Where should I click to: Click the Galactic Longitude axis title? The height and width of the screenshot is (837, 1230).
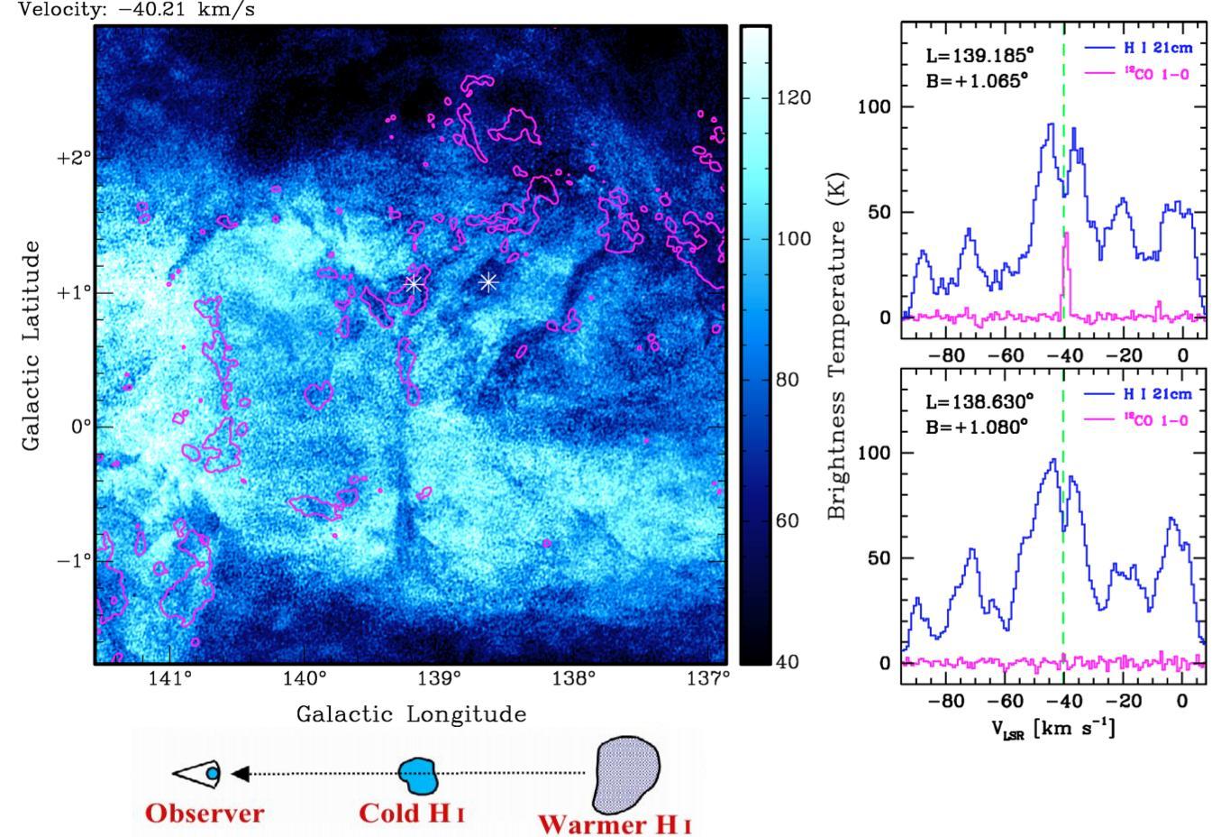(x=411, y=715)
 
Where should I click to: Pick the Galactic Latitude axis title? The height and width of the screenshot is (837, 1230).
(x=32, y=345)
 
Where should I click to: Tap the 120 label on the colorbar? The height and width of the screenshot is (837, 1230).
(x=793, y=98)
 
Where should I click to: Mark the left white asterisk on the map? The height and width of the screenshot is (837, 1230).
(x=414, y=284)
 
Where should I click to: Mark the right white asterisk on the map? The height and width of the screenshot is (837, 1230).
(x=488, y=282)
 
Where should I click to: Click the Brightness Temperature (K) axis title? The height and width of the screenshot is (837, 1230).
(x=836, y=345)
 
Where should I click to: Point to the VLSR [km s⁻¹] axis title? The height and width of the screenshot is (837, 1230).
(x=1052, y=729)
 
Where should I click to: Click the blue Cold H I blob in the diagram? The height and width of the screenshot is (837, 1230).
(x=418, y=776)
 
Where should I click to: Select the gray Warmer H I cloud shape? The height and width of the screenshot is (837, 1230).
(x=627, y=774)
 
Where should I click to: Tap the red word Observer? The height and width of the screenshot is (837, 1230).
(x=205, y=814)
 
